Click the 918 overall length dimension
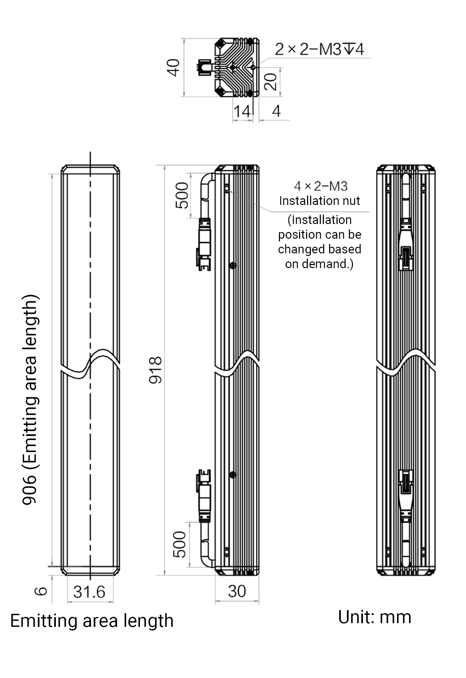coord(156,370)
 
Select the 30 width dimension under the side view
coord(237,591)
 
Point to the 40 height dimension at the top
coord(173,68)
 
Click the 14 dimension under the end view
coord(242,111)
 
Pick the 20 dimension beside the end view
coord(271,82)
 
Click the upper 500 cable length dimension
coord(182,196)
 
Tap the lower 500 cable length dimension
coord(180,545)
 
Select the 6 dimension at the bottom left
coord(41,591)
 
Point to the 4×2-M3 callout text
coord(321,186)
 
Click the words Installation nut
coord(319,201)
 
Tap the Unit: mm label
coord(375,617)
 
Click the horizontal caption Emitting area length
coord(92,621)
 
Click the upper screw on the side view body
coord(233,266)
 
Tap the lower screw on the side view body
coord(233,475)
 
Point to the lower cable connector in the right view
coord(406,496)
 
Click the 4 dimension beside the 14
coord(276,111)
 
